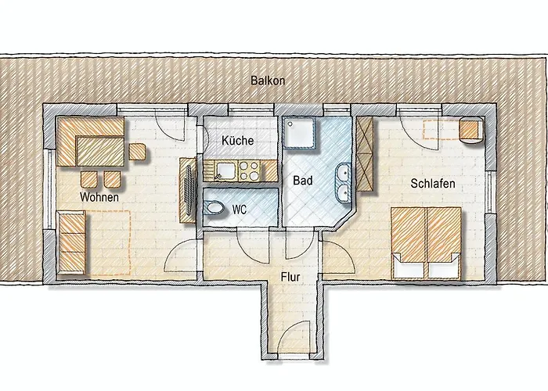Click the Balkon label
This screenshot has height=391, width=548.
pyautogui.click(x=268, y=81)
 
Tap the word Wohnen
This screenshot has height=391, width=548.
pyautogui.click(x=99, y=197)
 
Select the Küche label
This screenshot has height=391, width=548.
pyautogui.click(x=238, y=140)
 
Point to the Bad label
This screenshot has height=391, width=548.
pyautogui.click(x=303, y=181)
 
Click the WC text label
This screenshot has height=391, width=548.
pyautogui.click(x=240, y=210)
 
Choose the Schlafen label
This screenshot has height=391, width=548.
pyautogui.click(x=433, y=183)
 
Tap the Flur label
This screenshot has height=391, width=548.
pyautogui.click(x=290, y=277)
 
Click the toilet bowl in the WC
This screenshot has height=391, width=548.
pyautogui.click(x=214, y=209)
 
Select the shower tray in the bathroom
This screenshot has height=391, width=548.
pyautogui.click(x=299, y=133)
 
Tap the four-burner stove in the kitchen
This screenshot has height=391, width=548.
pyautogui.click(x=250, y=170)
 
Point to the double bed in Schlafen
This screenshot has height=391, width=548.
pyautogui.click(x=426, y=243)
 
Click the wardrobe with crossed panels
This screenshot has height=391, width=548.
pyautogui.click(x=365, y=153)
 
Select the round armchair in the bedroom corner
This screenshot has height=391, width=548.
pyautogui.click(x=471, y=130)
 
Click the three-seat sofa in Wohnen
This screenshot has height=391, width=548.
pyautogui.click(x=71, y=242)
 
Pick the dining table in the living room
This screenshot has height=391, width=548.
pyautogui.click(x=100, y=152)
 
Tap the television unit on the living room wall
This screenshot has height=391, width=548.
pyautogui.click(x=188, y=190)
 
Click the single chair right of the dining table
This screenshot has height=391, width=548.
pyautogui.click(x=137, y=152)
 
